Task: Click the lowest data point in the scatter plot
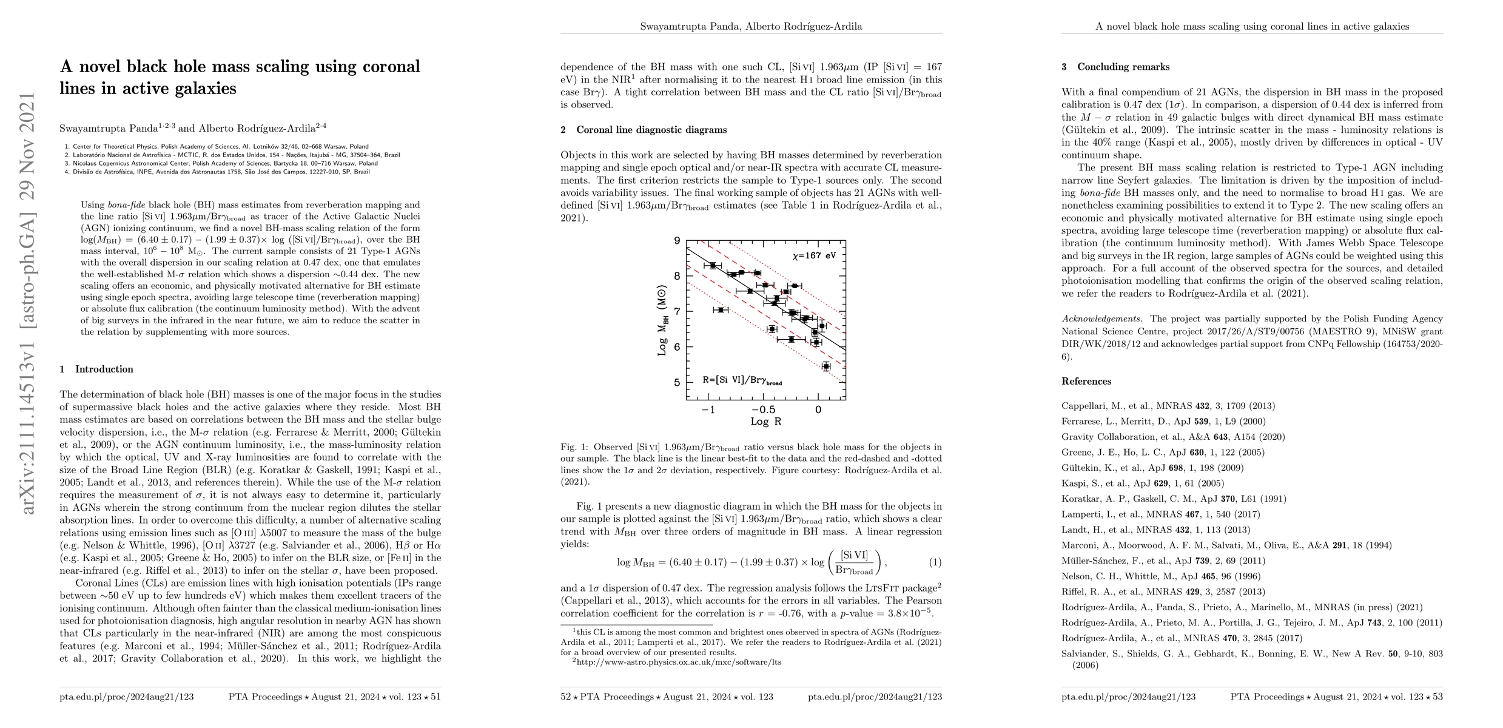825,366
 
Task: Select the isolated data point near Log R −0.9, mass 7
721,310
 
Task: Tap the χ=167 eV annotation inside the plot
813,256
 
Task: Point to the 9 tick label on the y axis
678,241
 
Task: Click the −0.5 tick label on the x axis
762,409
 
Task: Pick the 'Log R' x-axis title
765,422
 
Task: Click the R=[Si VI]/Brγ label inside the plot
742,380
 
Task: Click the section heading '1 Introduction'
96,369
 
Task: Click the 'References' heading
1086,381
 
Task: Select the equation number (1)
935,562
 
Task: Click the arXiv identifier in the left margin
29,303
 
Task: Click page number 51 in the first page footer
435,696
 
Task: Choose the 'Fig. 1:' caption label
574,447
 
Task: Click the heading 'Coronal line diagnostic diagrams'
651,130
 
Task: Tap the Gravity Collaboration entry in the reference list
1172,437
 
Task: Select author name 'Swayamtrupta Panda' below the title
108,129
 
